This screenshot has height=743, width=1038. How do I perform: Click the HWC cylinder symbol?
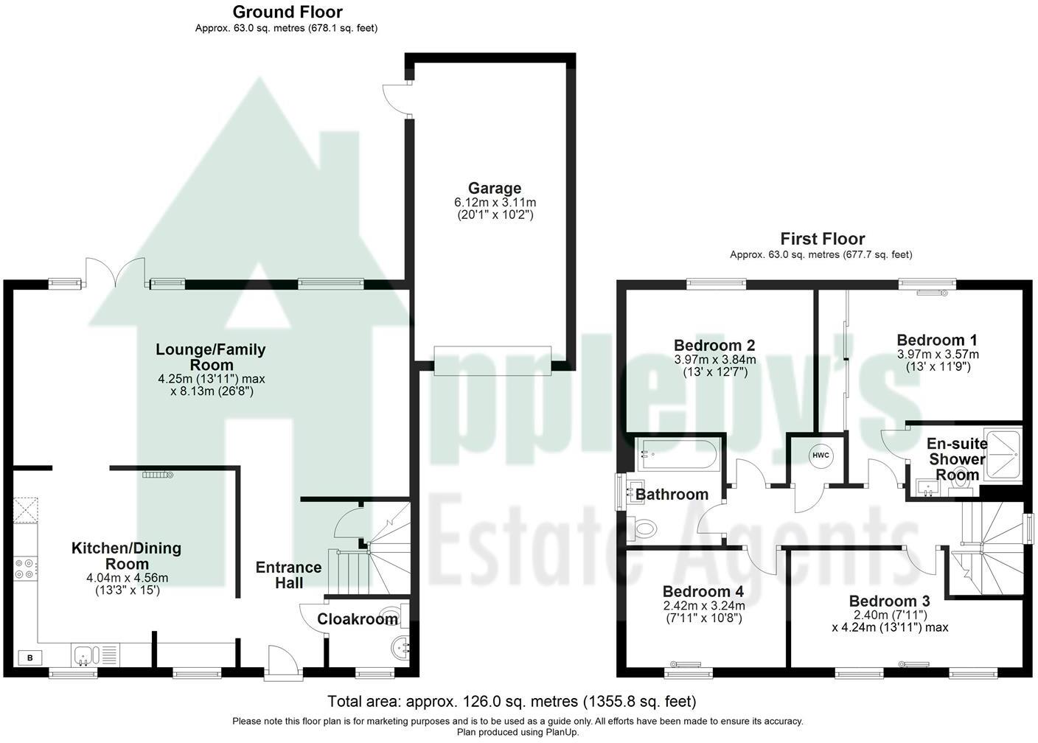click(x=821, y=455)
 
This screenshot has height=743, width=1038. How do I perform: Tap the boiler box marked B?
click(x=30, y=657)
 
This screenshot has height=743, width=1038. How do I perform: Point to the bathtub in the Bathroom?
click(x=679, y=455)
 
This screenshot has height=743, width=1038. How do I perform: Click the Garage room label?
click(x=495, y=188)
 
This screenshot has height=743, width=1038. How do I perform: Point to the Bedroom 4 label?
click(x=703, y=592)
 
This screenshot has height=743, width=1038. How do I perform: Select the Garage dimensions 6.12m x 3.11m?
click(x=495, y=203)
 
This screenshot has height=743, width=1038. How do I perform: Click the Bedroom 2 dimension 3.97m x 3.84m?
click(x=715, y=360)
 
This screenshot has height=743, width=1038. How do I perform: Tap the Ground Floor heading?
click(x=288, y=12)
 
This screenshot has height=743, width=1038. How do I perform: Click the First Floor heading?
click(x=823, y=239)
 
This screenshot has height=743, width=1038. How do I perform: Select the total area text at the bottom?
click(x=512, y=702)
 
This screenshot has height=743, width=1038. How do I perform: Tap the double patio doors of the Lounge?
click(x=116, y=273)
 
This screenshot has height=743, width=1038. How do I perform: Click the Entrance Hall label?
click(x=289, y=575)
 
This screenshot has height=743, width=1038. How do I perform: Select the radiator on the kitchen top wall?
click(x=158, y=475)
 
